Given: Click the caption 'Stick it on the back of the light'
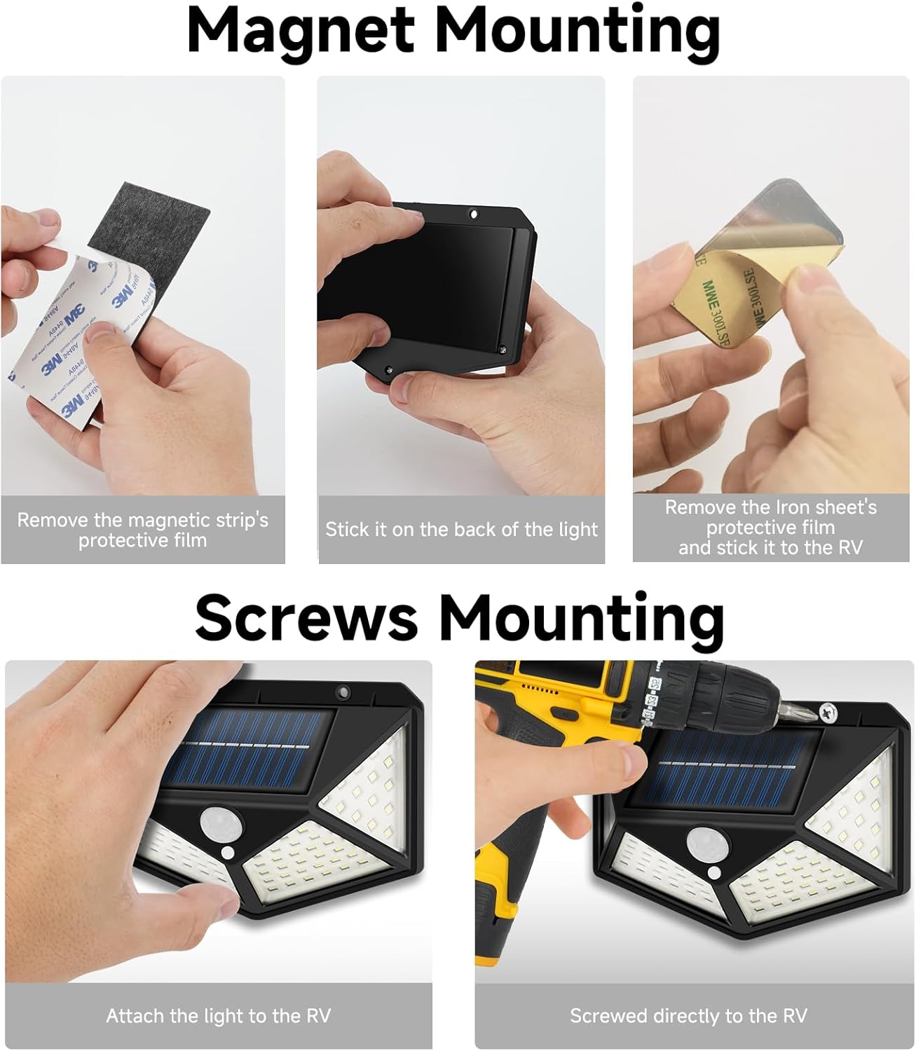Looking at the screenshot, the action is tap(461, 530).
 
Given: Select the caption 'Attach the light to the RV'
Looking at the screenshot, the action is tap(219, 1015).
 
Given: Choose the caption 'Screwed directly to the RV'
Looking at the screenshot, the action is tap(688, 1015).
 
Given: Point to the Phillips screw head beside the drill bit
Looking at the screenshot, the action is tap(826, 713).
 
